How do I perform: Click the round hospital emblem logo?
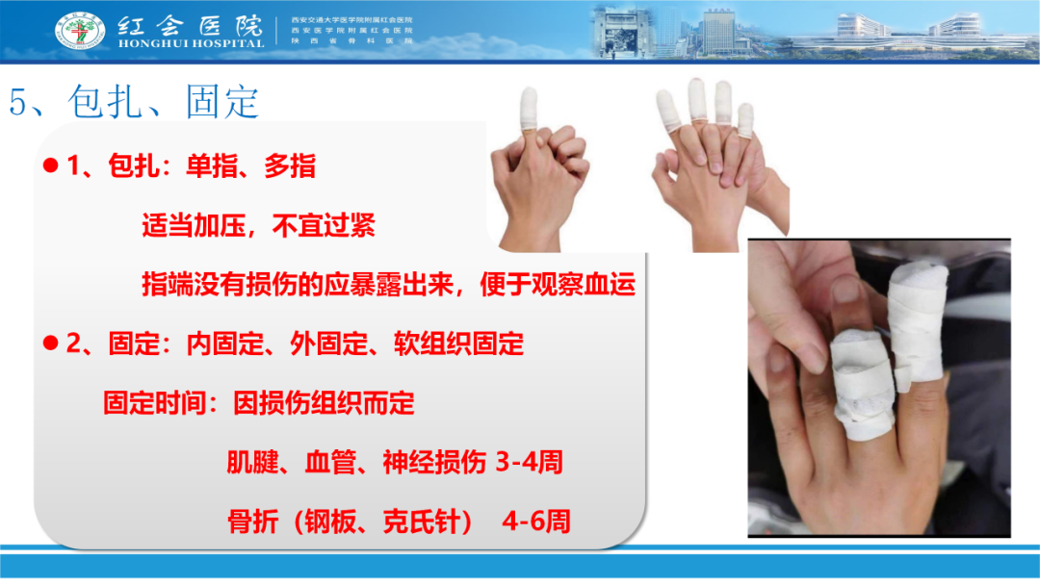click(x=80, y=31)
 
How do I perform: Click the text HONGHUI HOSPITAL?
click(x=190, y=43)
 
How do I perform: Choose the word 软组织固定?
click(x=459, y=343)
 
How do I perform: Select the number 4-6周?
click(x=536, y=521)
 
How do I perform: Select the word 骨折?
click(x=253, y=521)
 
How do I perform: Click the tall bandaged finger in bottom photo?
click(x=918, y=327)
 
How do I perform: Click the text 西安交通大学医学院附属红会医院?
click(x=351, y=20)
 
